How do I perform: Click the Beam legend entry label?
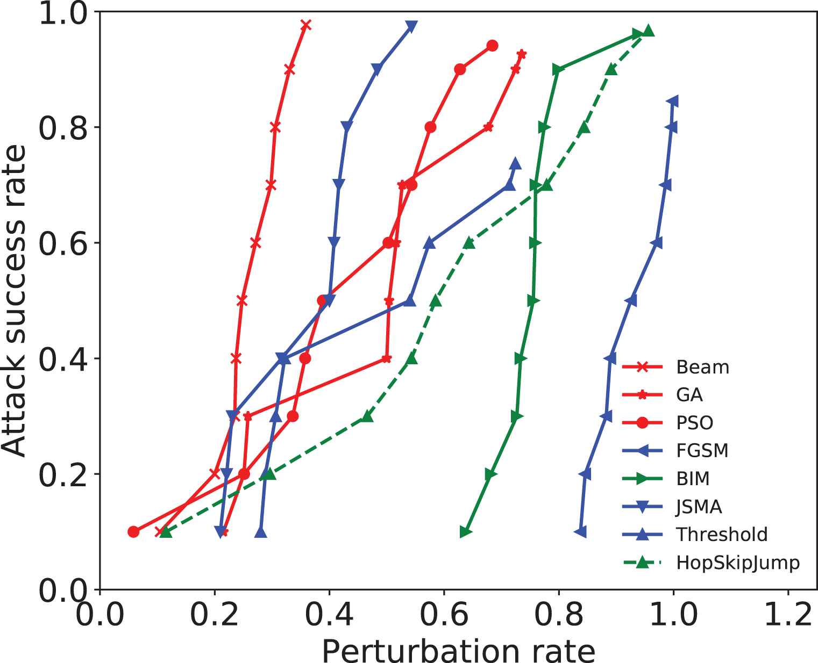tap(702, 367)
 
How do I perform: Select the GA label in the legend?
tap(689, 395)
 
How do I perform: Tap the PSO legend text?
tap(695, 423)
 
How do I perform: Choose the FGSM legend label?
tap(702, 450)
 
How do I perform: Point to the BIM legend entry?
tap(693, 479)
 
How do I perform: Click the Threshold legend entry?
tap(722, 535)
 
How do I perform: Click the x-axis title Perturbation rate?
tap(458, 650)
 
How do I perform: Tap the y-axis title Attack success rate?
tap(15, 300)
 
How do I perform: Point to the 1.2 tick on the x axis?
tap(788, 614)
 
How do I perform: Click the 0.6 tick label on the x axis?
tap(444, 614)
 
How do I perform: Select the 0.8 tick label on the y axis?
tap(63, 128)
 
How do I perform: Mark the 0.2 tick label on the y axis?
tap(63, 474)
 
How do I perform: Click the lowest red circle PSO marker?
tap(133, 532)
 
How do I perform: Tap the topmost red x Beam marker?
tap(306, 25)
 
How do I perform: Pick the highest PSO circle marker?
tap(492, 46)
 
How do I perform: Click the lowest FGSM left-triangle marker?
tap(580, 532)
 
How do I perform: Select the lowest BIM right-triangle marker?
tap(466, 532)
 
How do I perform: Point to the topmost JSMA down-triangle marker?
tap(411, 26)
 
